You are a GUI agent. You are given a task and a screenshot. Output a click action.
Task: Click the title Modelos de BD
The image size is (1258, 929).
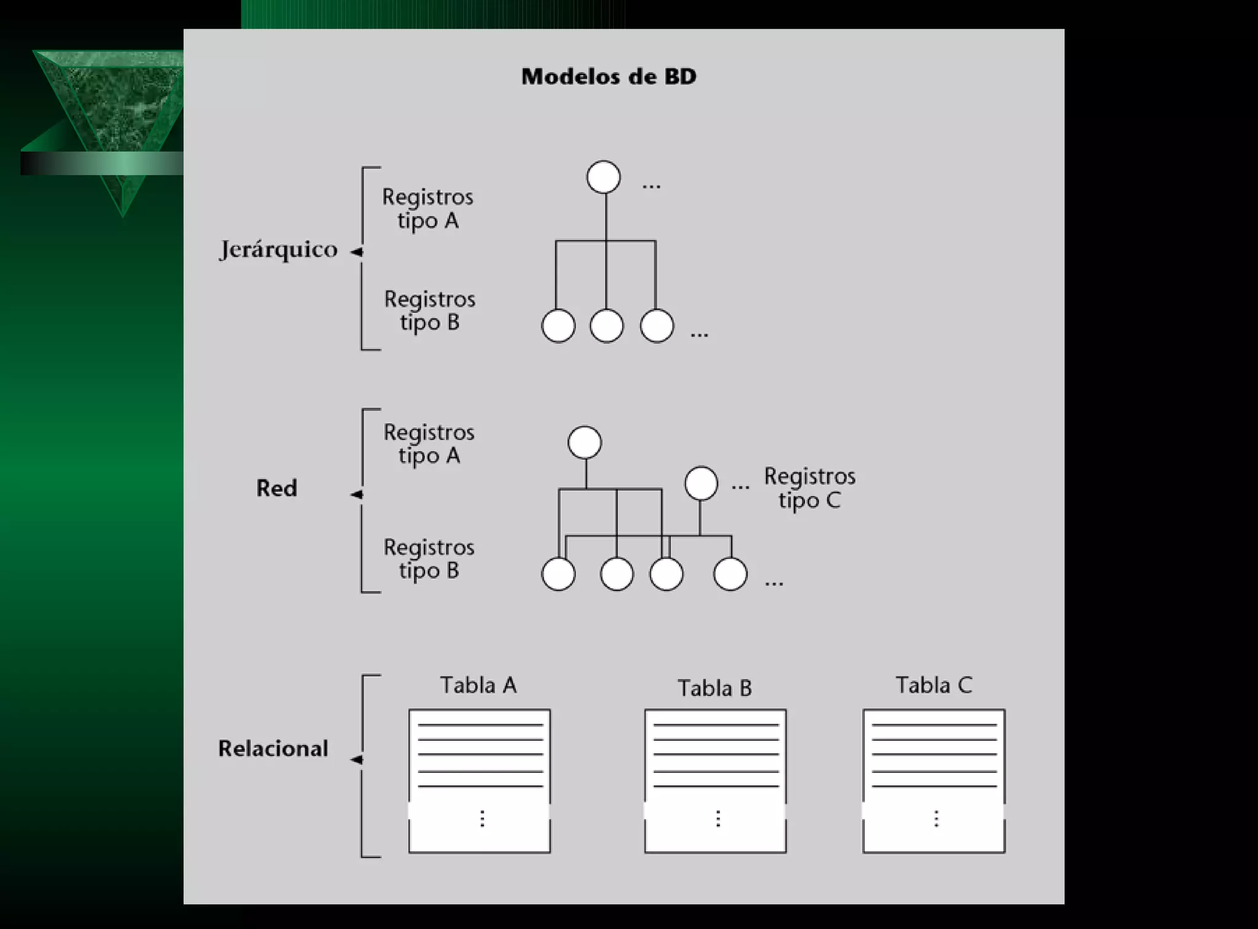(609, 77)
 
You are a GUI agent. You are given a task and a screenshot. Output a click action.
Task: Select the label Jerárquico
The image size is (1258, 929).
(278, 250)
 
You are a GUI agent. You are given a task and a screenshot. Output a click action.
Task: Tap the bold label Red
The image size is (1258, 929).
(276, 488)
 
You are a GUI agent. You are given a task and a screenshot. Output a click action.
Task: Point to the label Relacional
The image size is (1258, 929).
(273, 748)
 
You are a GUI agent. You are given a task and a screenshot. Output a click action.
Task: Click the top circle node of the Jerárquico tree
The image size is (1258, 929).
(603, 178)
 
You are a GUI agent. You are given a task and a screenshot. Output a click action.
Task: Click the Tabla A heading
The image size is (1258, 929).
(479, 685)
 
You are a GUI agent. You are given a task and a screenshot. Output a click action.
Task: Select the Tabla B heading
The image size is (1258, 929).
(714, 688)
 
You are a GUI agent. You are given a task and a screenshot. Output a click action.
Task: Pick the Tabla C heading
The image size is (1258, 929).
(934, 685)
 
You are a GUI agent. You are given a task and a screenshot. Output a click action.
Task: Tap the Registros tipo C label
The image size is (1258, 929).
(810, 488)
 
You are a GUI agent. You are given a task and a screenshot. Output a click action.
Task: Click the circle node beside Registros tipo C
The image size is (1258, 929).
(701, 483)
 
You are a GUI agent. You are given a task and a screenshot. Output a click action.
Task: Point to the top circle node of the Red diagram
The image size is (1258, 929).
(585, 442)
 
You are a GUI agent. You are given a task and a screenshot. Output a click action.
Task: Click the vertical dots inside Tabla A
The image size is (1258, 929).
(482, 818)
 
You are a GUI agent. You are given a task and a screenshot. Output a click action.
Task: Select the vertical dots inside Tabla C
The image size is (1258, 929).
(936, 818)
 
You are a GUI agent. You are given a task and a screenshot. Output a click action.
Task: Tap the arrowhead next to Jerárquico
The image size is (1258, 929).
(356, 252)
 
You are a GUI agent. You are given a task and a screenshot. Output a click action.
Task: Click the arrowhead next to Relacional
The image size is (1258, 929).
(356, 760)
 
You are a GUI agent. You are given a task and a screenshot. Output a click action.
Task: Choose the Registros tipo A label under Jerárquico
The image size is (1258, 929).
(428, 209)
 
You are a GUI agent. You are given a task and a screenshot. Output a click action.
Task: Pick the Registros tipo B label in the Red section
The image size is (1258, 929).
(429, 559)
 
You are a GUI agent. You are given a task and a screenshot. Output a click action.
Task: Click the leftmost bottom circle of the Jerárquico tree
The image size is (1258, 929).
(558, 326)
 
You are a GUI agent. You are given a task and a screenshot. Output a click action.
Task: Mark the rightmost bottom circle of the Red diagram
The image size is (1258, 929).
(730, 574)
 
